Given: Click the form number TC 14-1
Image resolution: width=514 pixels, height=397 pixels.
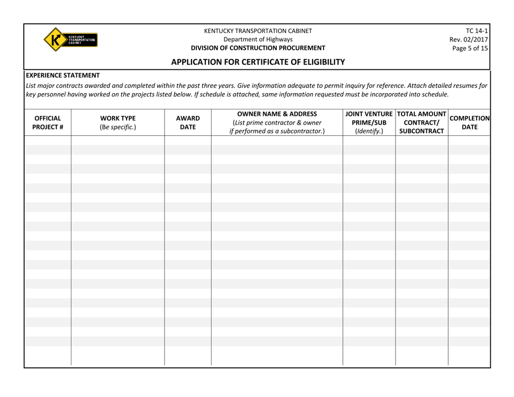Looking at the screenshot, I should [x=476, y=30].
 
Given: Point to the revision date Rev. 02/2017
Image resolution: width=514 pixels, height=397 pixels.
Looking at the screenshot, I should [x=469, y=39].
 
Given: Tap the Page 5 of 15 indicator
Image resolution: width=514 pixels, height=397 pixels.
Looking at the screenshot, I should [x=470, y=48].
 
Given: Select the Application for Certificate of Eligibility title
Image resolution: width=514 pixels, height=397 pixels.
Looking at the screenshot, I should [x=258, y=62].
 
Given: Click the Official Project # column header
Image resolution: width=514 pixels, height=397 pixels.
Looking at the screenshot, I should [x=48, y=122].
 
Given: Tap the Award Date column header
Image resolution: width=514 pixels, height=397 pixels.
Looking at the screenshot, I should [x=187, y=122].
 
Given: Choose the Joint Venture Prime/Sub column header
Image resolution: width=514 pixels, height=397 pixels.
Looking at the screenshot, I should [x=369, y=122].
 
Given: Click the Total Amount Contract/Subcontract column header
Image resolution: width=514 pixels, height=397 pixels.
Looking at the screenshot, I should [x=421, y=122].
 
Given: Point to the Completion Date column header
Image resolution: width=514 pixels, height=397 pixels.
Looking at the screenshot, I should [x=469, y=122].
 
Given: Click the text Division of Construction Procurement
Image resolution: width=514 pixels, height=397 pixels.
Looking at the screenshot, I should [x=258, y=48].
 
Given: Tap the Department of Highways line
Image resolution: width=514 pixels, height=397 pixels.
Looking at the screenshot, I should [x=258, y=39].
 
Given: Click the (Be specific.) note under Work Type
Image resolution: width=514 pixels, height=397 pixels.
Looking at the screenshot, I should [x=117, y=127].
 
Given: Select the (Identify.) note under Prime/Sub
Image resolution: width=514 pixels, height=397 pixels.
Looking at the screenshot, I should [x=369, y=132].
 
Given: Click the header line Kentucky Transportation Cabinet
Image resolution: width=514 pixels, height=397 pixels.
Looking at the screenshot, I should [x=258, y=30].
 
